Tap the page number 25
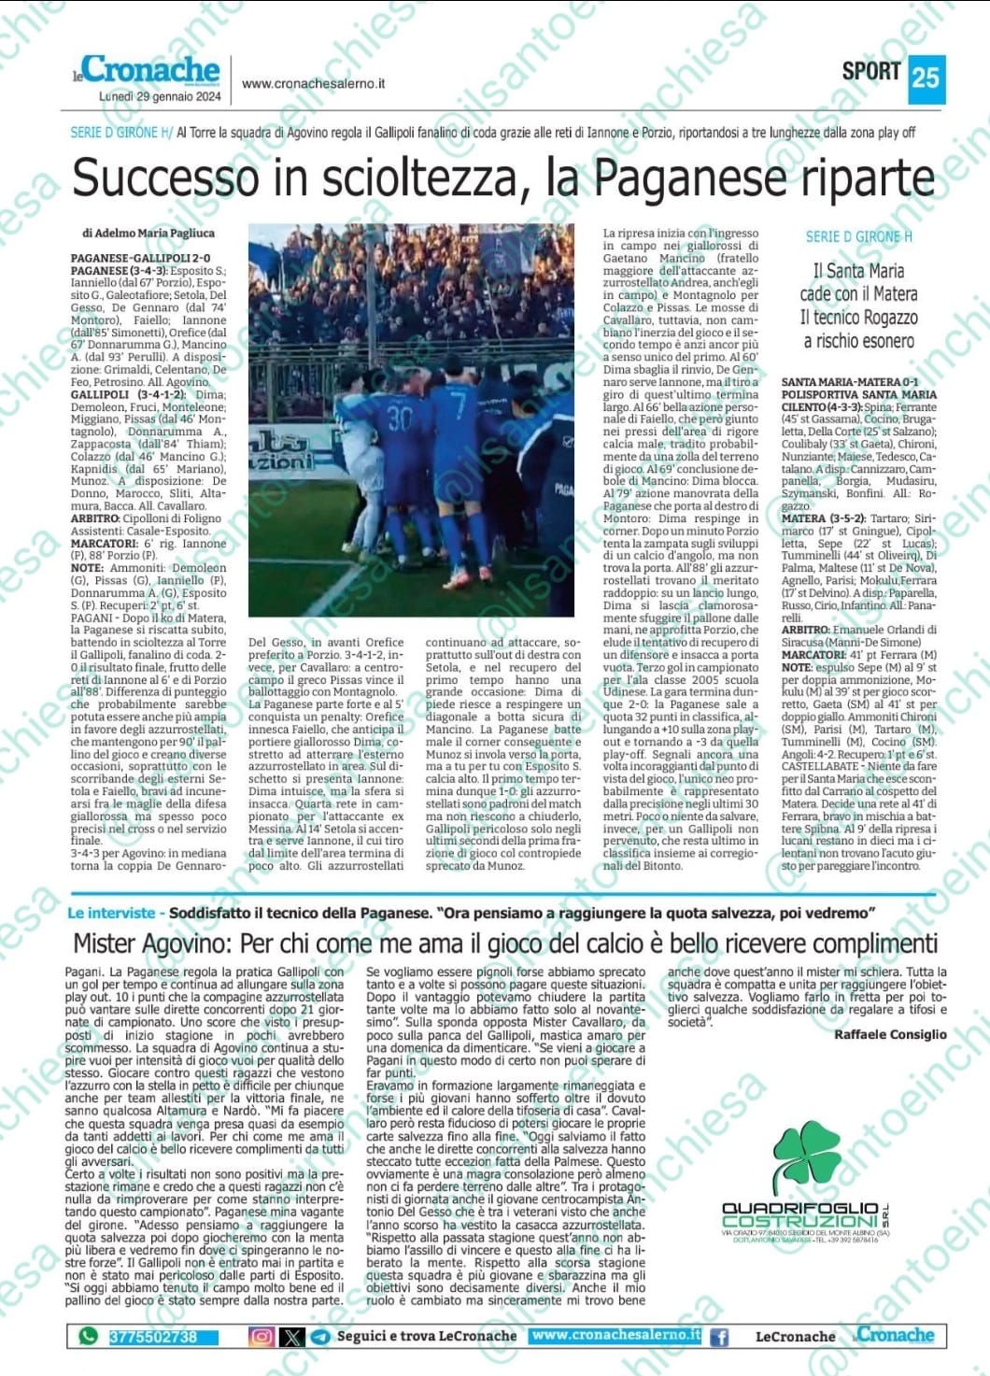click(926, 77)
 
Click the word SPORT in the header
click(870, 71)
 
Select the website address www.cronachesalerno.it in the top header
click(313, 83)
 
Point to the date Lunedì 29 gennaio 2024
click(159, 96)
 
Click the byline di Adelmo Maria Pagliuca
click(148, 233)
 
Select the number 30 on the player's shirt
click(400, 417)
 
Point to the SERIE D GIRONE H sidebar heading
click(858, 237)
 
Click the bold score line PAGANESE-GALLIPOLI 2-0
click(141, 258)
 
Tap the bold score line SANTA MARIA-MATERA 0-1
click(849, 382)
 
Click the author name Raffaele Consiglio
click(889, 1034)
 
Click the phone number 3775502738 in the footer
click(153, 1337)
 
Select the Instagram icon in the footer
click(262, 1337)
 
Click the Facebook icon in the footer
click(719, 1337)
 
